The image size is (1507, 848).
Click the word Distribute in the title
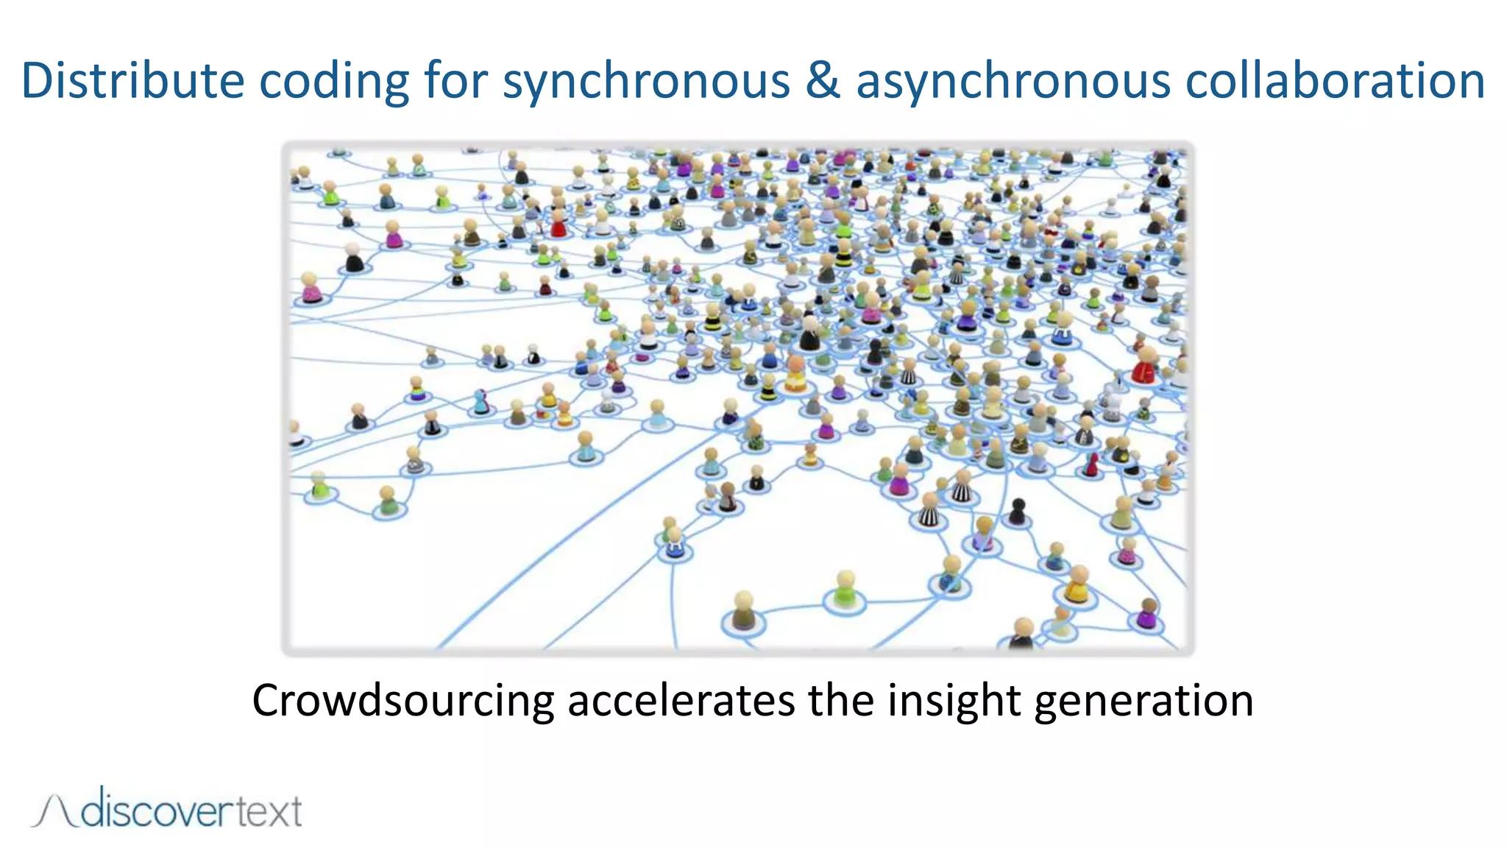point(132,80)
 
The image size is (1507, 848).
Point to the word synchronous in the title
point(646,82)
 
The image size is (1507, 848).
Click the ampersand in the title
point(823,80)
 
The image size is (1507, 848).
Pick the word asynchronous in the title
point(1013,82)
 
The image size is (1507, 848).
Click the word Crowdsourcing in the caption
point(403,701)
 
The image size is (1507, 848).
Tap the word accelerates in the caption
point(681,701)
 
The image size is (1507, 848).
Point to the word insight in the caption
point(953,701)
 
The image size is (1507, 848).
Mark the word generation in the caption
point(1143,701)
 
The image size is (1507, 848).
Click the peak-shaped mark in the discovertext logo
point(54,810)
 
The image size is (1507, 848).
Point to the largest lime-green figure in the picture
point(845,590)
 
